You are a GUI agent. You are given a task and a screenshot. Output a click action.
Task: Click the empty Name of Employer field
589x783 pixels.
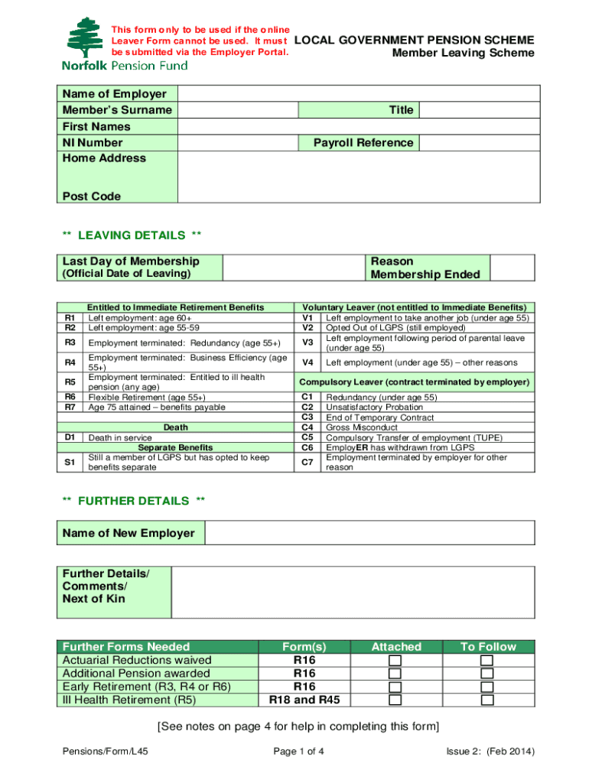click(356, 94)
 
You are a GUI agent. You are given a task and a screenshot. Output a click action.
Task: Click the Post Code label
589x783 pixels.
click(92, 197)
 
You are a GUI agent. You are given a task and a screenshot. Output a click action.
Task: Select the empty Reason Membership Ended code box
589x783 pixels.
click(512, 268)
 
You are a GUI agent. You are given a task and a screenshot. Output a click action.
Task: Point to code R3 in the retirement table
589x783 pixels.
click(70, 343)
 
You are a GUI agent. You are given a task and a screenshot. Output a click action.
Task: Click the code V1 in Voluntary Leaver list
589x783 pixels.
click(308, 317)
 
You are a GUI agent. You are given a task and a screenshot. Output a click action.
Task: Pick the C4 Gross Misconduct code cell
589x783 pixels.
click(308, 427)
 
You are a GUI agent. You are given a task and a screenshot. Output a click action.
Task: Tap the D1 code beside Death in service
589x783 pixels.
click(70, 437)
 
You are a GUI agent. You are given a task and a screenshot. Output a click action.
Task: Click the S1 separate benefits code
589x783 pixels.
click(70, 462)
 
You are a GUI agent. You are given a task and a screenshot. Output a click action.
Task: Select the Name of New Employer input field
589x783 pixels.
click(370, 533)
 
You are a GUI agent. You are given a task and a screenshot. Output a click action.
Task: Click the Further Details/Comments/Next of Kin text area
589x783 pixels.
click(353, 591)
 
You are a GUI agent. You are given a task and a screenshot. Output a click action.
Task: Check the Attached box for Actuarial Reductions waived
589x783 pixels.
click(395, 661)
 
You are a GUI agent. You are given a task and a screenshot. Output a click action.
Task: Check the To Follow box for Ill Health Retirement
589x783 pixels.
click(487, 700)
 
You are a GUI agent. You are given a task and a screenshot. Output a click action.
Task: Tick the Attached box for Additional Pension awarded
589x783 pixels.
click(395, 674)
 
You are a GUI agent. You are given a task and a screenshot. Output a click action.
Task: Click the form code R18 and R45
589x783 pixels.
click(304, 700)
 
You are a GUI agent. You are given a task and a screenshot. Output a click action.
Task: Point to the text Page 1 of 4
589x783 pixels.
click(299, 751)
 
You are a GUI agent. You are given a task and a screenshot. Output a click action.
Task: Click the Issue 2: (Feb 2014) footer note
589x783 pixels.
click(490, 751)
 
